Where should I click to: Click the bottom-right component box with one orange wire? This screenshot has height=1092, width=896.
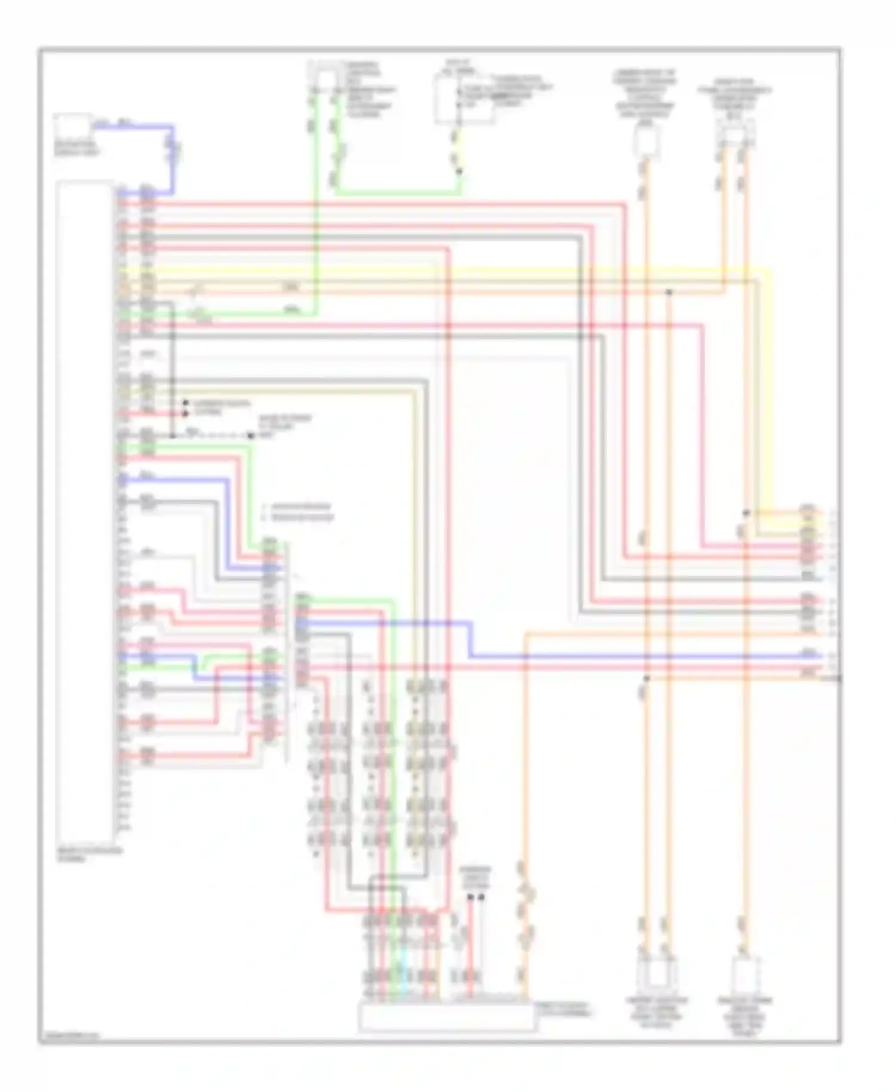pyautogui.click(x=745, y=975)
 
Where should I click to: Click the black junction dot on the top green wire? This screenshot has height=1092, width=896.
pyautogui.click(x=459, y=171)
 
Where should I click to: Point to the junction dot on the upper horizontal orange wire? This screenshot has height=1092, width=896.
pyautogui.click(x=669, y=292)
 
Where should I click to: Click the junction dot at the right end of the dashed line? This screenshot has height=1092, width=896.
pyautogui.click(x=251, y=436)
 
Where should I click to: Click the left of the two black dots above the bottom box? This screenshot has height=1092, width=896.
pyautogui.click(x=470, y=897)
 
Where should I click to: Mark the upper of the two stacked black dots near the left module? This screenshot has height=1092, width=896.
pyautogui.click(x=185, y=404)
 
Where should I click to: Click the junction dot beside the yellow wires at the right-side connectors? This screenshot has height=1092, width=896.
pyautogui.click(x=746, y=513)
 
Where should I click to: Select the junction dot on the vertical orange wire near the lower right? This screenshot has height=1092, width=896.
pyautogui.click(x=646, y=679)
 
